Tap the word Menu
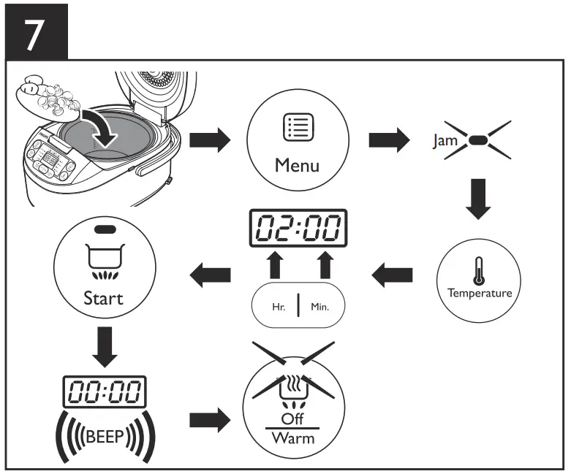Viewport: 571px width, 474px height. tap(297, 165)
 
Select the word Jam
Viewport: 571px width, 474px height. tap(443, 140)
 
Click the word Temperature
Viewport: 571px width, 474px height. tap(480, 293)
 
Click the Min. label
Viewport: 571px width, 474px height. tap(319, 307)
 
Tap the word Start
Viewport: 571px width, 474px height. tap(103, 298)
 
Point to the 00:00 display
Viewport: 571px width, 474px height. tap(103, 392)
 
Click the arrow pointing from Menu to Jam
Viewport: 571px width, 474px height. tap(387, 141)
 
